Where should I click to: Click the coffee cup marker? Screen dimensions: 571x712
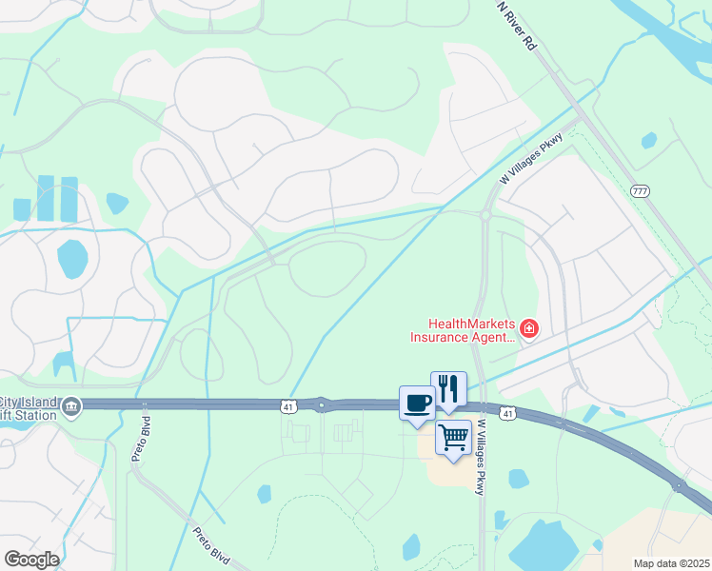click(x=417, y=404)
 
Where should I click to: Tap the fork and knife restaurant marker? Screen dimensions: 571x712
click(x=449, y=388)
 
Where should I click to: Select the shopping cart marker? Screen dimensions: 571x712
click(x=454, y=438)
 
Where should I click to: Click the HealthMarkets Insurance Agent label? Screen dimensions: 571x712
click(x=463, y=330)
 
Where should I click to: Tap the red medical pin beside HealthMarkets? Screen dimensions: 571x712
click(x=528, y=330)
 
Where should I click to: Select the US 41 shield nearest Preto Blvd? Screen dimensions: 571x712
click(x=287, y=406)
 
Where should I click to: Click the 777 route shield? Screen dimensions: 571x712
click(x=640, y=191)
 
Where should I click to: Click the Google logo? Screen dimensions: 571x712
click(x=31, y=559)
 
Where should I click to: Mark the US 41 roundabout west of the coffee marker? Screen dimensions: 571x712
click(x=322, y=405)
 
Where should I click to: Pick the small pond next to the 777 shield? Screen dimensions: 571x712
click(x=649, y=141)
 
